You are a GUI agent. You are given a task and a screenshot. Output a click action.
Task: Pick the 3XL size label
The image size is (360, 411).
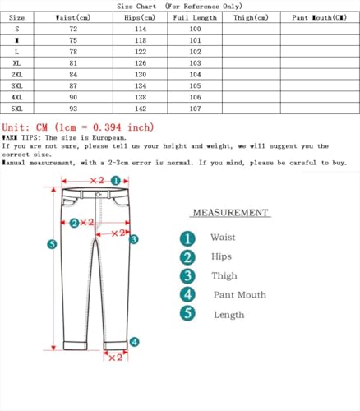[x=16, y=85]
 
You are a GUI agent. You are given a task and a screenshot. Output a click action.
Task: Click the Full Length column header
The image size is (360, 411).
[x=195, y=16]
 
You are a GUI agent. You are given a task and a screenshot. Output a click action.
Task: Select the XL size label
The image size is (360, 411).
[x=16, y=62]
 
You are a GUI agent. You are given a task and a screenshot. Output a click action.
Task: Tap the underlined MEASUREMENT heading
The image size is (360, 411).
[x=230, y=213]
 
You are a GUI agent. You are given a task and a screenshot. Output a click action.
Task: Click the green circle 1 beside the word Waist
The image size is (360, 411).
[x=188, y=238]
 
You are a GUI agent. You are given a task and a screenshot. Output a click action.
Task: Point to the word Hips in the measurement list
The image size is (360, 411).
[x=222, y=256]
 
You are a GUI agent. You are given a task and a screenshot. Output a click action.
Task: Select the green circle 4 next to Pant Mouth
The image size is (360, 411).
[x=188, y=294]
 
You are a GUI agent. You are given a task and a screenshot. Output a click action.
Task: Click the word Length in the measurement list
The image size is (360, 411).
[x=228, y=314]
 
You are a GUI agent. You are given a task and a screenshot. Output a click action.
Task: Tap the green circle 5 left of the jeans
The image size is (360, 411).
[x=52, y=244]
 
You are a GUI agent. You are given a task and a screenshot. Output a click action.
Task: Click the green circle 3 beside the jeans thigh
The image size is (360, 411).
[x=134, y=239]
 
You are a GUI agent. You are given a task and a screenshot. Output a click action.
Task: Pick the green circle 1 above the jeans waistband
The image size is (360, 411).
[x=116, y=180]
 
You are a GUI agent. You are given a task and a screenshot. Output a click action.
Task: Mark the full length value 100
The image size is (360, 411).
[x=195, y=28]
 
